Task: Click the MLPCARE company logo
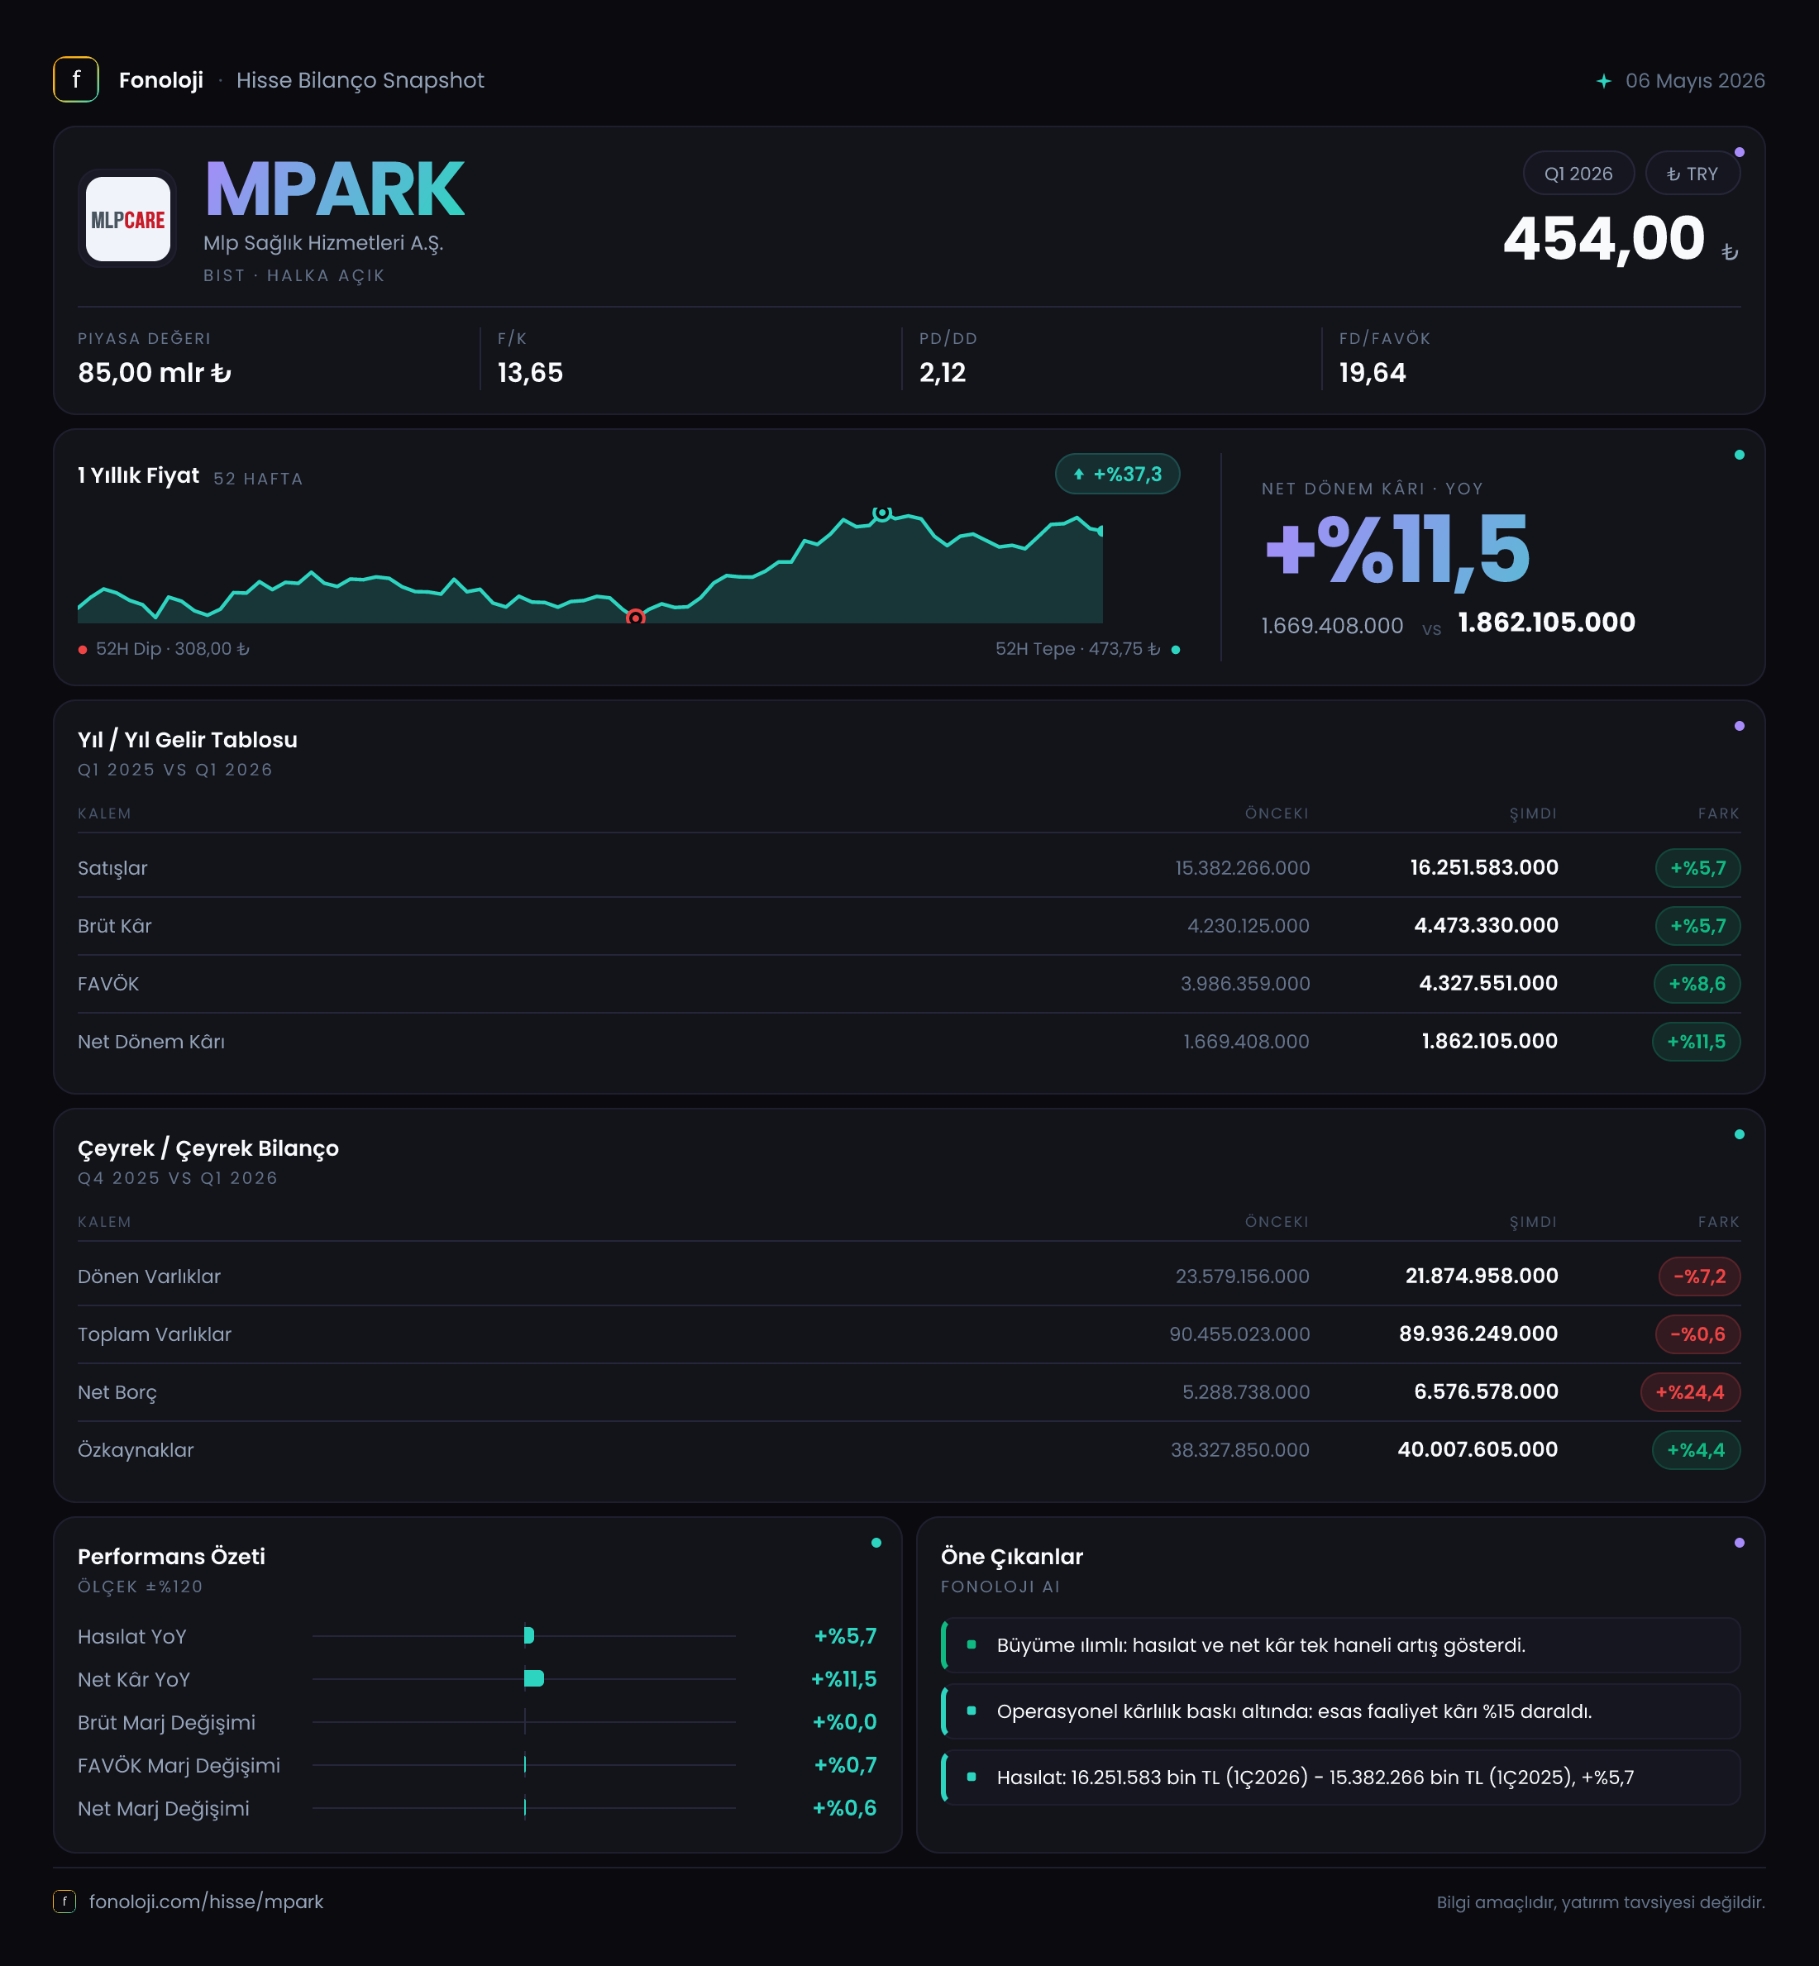coord(128,218)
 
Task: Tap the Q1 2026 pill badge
coord(1578,173)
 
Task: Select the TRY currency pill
coord(1692,173)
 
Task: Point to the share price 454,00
coord(1603,238)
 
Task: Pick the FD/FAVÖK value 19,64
coord(1373,373)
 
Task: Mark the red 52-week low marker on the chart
coord(636,618)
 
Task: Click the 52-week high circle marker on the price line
coord(882,513)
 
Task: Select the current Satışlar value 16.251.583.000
coord(1483,868)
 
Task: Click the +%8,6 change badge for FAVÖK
coord(1697,984)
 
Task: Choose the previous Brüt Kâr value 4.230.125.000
coord(1248,926)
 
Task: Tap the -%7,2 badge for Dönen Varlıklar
coord(1700,1276)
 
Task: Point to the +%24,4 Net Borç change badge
coord(1690,1392)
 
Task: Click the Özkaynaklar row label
coord(136,1450)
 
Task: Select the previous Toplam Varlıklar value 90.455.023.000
coord(1239,1334)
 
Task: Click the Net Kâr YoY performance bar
coord(534,1678)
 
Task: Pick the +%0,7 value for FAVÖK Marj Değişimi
coord(844,1765)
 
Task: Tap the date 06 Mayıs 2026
coord(1695,81)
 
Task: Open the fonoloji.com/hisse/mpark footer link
coord(206,1901)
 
